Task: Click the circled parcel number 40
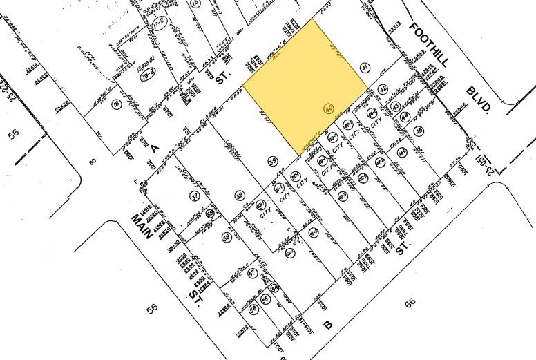(329, 108)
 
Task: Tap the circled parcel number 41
(365, 67)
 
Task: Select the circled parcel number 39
(273, 161)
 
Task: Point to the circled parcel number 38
(239, 194)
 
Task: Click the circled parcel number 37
(195, 196)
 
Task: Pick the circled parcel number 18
(117, 104)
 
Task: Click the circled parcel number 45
(419, 131)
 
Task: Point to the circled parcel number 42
(383, 89)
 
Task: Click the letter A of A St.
(154, 147)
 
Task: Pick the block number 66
(410, 302)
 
